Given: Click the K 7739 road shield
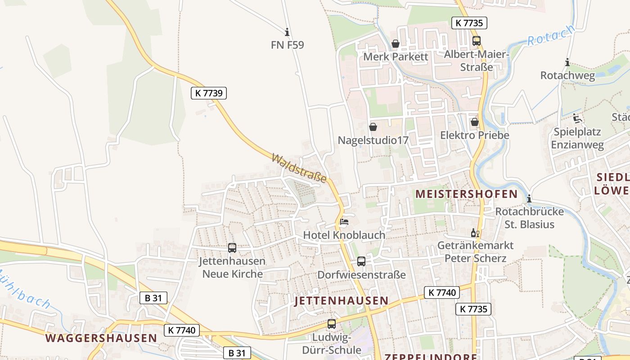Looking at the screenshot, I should point(208,93).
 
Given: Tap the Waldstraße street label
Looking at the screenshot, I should point(299,168).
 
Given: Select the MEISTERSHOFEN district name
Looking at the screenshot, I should point(466,194).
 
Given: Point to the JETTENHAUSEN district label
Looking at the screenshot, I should point(341,301).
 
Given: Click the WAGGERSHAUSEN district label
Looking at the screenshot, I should point(101,338).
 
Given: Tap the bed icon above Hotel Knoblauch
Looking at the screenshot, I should point(344,222).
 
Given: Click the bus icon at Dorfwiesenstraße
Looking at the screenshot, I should point(361,261).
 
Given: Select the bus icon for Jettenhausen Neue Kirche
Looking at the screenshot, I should point(232,247).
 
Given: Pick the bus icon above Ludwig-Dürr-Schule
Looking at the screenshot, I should point(332,324).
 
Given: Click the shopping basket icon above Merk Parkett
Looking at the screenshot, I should point(396,44).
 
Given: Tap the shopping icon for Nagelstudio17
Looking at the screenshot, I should point(373,127).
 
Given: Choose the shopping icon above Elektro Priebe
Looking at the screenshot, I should point(474,122).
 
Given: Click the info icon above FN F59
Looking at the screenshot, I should point(287,32).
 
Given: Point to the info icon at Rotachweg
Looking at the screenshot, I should point(567,63).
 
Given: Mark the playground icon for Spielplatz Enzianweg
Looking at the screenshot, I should point(578,119).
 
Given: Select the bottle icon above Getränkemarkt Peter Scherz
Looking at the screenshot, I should point(473,233).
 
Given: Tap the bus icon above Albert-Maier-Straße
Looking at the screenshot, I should point(477,41).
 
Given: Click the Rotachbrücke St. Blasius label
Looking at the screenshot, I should point(525,218).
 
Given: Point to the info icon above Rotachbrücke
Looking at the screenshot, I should point(530,198).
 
